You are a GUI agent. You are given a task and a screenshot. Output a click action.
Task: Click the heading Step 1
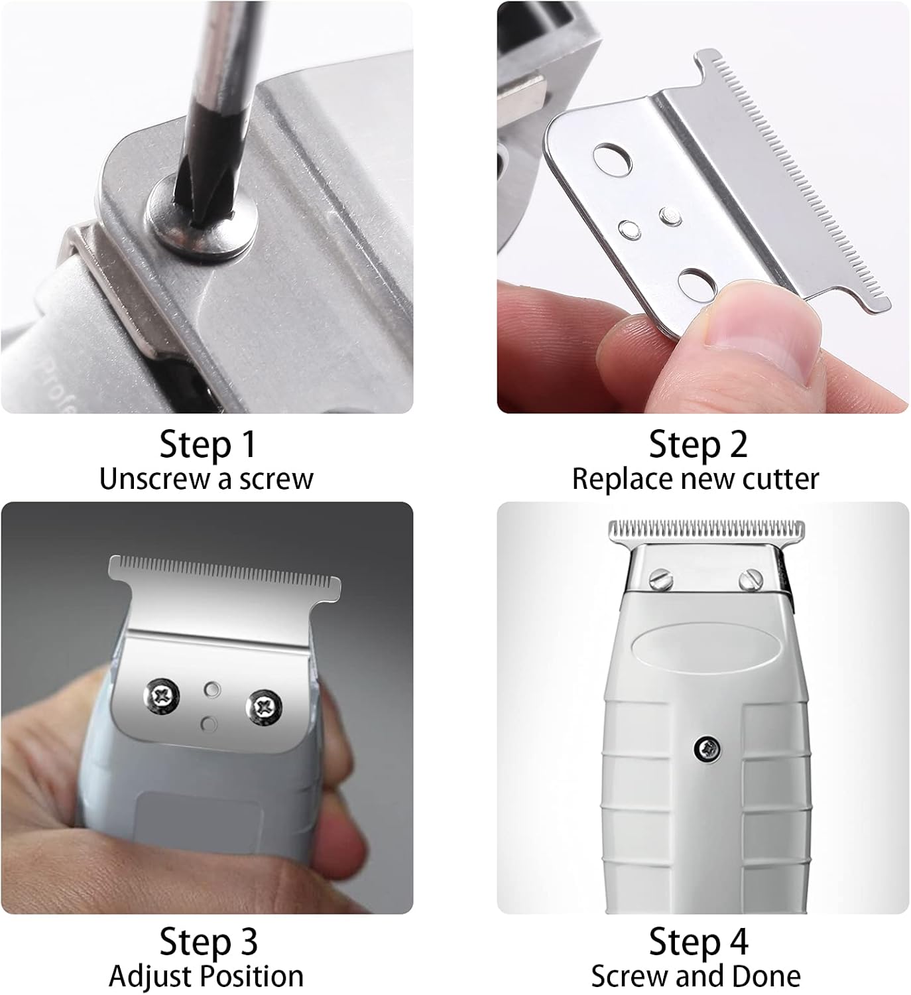pyautogui.click(x=208, y=445)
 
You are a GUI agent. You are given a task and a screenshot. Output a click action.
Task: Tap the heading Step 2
pyautogui.click(x=698, y=445)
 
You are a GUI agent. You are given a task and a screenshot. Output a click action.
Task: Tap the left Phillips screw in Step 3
pyautogui.click(x=161, y=696)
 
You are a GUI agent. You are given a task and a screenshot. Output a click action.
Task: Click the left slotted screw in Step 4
pyautogui.click(x=662, y=579)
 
